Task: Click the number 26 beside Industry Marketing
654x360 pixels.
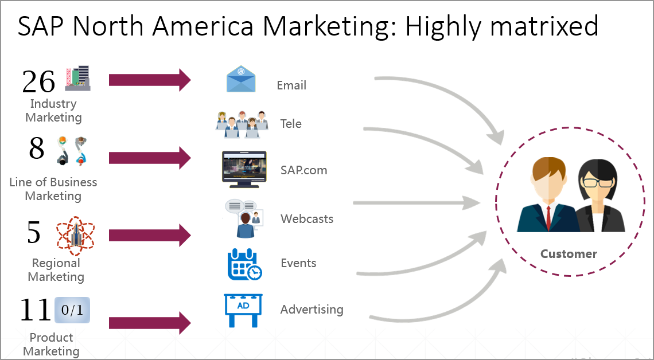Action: pyautogui.click(x=38, y=81)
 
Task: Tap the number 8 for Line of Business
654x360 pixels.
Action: pyautogui.click(x=36, y=148)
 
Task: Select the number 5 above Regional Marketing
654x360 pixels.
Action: pyautogui.click(x=34, y=232)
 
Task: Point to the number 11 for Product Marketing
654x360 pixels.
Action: pyautogui.click(x=36, y=310)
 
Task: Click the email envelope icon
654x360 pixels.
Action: pyautogui.click(x=242, y=79)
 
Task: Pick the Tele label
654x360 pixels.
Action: pyautogui.click(x=291, y=123)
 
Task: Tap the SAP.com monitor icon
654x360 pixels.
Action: pyautogui.click(x=244, y=169)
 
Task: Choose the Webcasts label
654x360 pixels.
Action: pyautogui.click(x=307, y=218)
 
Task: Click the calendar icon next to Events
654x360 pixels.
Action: pyautogui.click(x=244, y=264)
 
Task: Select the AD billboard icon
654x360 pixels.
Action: pyautogui.click(x=243, y=310)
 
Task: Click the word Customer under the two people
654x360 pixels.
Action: pyautogui.click(x=569, y=253)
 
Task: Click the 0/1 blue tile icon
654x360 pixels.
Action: pyautogui.click(x=72, y=310)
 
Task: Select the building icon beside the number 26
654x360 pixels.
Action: pyautogui.click(x=78, y=78)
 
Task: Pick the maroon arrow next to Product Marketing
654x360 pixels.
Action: pyautogui.click(x=150, y=322)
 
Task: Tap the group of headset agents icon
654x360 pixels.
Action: pyautogui.click(x=242, y=124)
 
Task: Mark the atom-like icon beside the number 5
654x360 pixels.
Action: pyautogui.click(x=75, y=235)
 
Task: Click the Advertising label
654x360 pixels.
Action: pyautogui.click(x=312, y=310)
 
